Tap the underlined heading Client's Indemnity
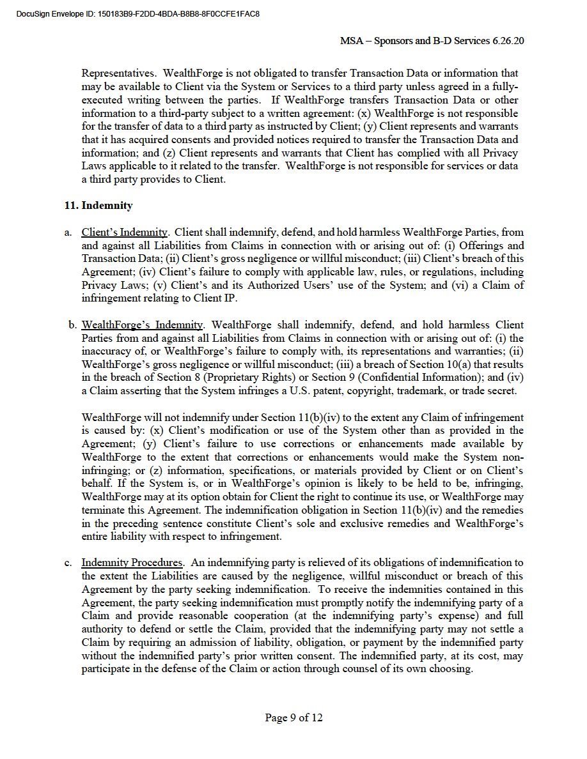[125, 233]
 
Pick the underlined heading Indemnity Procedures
[132, 563]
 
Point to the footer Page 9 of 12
[293, 717]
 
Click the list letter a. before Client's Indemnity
[68, 233]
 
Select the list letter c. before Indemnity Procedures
[68, 563]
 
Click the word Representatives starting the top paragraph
[118, 73]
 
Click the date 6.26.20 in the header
[509, 41]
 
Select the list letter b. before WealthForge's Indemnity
[73, 325]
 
